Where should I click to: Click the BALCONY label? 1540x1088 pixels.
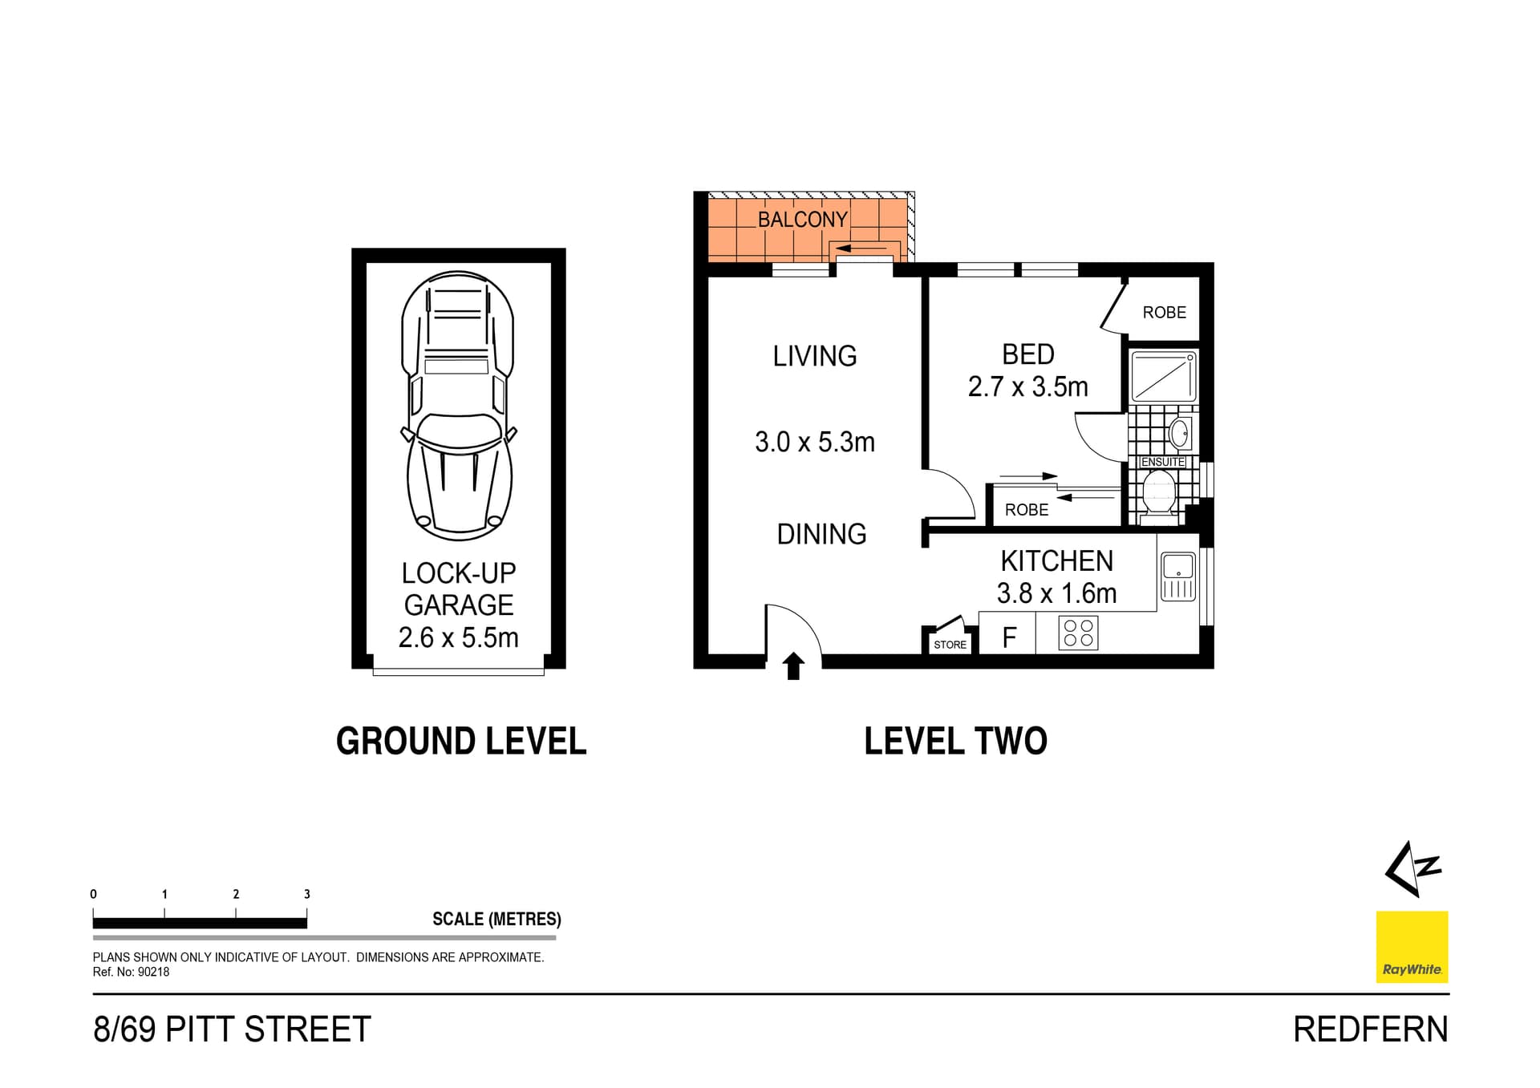click(802, 219)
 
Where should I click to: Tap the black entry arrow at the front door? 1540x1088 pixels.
click(793, 666)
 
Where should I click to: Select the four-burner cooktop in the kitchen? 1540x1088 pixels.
click(1078, 633)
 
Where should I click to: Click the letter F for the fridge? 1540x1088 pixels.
click(1009, 637)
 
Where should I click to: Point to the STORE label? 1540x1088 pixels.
click(950, 645)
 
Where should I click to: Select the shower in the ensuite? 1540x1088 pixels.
click(1163, 377)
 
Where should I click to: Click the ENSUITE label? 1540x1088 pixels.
click(1162, 462)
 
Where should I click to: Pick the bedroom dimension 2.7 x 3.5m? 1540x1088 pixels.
click(1027, 386)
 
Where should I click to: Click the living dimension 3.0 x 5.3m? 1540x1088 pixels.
click(814, 442)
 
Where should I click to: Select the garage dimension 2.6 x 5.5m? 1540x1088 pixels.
click(458, 637)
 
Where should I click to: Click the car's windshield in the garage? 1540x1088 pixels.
click(460, 433)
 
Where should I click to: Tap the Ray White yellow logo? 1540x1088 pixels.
click(1412, 946)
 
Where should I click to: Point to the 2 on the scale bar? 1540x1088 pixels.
click(236, 894)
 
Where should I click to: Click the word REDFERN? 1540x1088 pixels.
click(1370, 1029)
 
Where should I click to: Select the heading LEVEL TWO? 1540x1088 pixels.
click(955, 741)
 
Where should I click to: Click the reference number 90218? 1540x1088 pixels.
click(153, 972)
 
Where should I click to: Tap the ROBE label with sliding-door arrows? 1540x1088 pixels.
click(1026, 510)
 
